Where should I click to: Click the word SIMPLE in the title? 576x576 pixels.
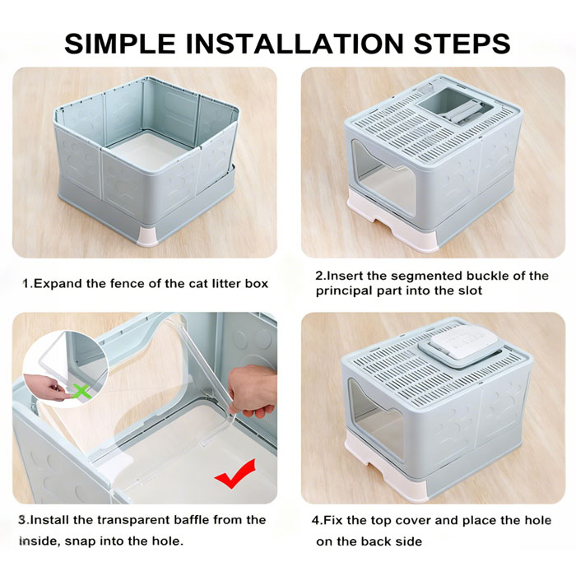[120, 44]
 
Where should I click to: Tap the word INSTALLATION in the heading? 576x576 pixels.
[295, 44]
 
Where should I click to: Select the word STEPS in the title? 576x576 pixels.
[462, 44]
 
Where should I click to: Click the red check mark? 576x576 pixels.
[235, 474]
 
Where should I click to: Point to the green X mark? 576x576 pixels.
[81, 391]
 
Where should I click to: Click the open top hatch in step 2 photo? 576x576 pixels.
[455, 105]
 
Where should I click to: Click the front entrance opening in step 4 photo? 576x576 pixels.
[377, 419]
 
